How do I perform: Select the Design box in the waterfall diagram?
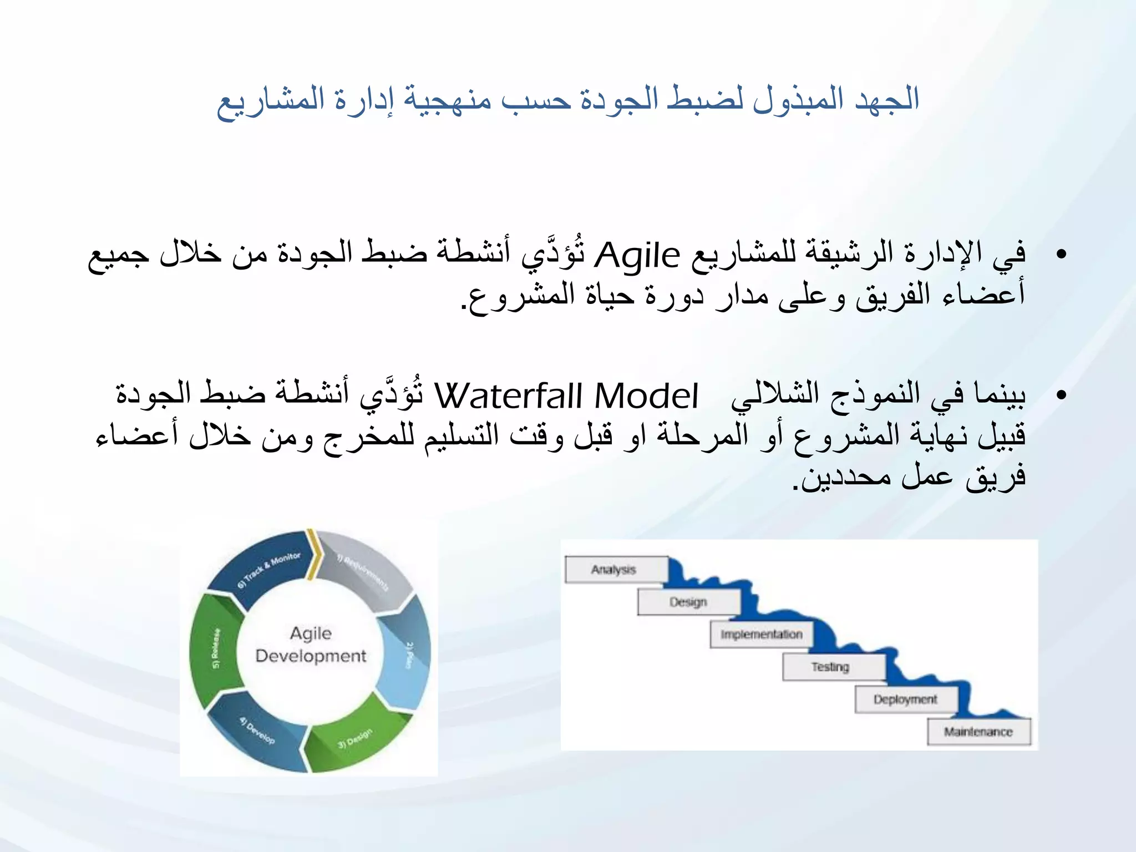tap(688, 602)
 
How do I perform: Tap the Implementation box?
tap(761, 635)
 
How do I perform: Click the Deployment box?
tap(905, 699)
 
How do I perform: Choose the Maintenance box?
tap(978, 732)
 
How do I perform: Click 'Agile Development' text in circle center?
tap(311, 645)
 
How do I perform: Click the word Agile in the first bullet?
tap(637, 255)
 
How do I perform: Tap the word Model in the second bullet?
tap(646, 396)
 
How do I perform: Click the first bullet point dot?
tap(1061, 255)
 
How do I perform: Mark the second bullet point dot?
tap(1061, 395)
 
